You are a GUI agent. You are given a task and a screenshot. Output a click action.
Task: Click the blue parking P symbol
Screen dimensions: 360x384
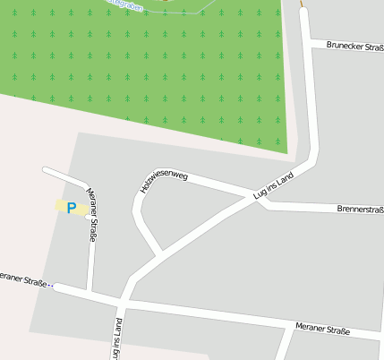(x=72, y=208)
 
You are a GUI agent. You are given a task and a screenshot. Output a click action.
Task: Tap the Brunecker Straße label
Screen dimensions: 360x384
(x=354, y=45)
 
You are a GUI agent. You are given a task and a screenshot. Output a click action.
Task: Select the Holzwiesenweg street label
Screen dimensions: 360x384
(x=164, y=180)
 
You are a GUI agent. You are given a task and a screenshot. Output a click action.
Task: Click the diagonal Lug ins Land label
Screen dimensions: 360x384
(x=274, y=186)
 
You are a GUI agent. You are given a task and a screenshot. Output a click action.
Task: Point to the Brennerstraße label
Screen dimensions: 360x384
(x=360, y=210)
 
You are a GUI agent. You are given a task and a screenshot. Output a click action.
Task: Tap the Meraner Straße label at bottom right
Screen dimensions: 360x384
(x=322, y=330)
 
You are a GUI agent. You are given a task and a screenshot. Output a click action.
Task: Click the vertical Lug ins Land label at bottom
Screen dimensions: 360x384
(x=116, y=339)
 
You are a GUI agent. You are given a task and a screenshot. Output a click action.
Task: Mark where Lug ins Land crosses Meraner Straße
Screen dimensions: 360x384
(x=124, y=300)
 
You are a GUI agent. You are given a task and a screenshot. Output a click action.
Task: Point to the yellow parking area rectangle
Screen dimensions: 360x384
(x=71, y=208)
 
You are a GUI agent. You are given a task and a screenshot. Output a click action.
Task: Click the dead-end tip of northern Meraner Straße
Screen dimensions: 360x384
(x=45, y=169)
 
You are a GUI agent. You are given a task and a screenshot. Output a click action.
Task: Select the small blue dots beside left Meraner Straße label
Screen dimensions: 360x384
(x=51, y=286)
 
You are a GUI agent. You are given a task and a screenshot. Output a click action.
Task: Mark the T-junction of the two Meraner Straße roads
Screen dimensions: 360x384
(x=91, y=292)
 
